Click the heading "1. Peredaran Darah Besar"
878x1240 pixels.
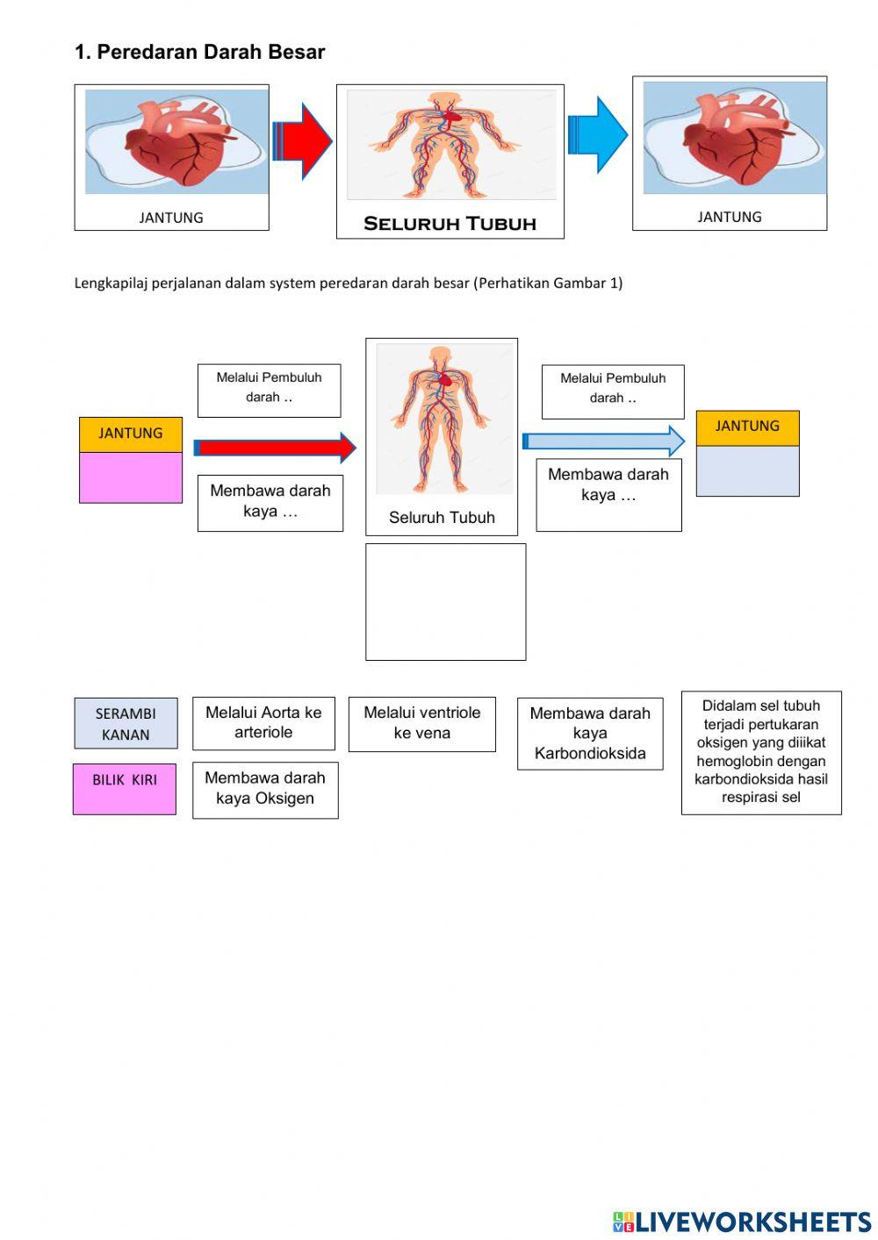(199, 52)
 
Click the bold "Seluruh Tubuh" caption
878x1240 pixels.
(450, 224)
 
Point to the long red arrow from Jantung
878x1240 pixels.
(275, 448)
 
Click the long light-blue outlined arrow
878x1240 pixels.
(603, 441)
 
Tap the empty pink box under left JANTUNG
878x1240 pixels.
(131, 477)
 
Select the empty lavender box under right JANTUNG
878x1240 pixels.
(747, 471)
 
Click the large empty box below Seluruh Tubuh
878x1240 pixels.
(445, 601)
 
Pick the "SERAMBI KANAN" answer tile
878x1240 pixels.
(126, 724)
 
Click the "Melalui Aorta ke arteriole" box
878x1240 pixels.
(263, 723)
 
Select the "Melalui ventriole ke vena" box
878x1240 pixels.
(422, 724)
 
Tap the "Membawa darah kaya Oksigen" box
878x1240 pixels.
(265, 789)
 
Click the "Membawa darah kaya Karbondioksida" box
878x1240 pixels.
(590, 734)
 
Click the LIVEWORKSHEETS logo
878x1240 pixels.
(742, 1222)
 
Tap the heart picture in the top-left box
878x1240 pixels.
(176, 142)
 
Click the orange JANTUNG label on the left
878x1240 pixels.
(131, 434)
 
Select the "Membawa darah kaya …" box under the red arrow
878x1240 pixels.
(270, 502)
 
